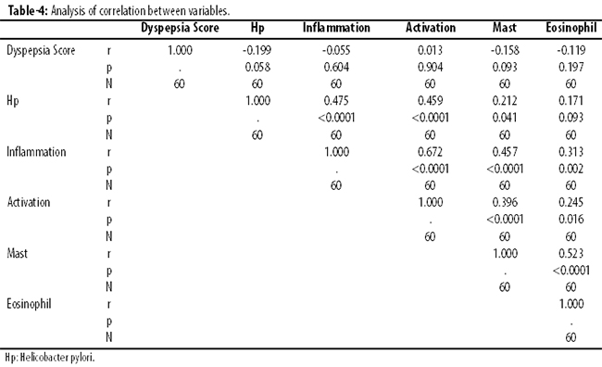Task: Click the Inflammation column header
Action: tap(336, 28)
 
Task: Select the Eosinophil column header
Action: tap(571, 28)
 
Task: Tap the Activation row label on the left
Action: tap(29, 202)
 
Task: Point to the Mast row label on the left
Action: tap(18, 253)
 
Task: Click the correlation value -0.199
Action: tap(257, 50)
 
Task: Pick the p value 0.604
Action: tap(336, 68)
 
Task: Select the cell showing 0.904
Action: tap(430, 68)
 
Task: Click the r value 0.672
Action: tap(430, 152)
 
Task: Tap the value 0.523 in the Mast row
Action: tap(571, 253)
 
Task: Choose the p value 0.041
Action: tap(505, 117)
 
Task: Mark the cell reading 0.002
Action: tap(571, 169)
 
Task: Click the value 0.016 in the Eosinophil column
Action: tap(571, 219)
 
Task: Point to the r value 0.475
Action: tap(336, 101)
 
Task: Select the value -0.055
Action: tap(336, 50)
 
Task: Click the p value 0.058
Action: tap(257, 68)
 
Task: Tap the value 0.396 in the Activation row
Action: tap(505, 202)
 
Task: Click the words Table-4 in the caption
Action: tap(28, 11)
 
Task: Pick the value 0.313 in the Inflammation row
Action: tap(571, 152)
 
